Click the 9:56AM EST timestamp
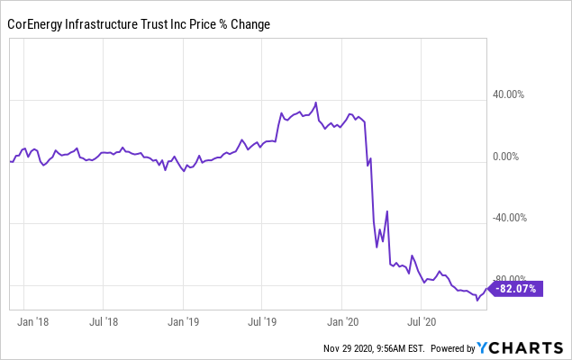pyautogui.click(x=402, y=348)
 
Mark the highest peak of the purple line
pyautogui.click(x=315, y=103)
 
